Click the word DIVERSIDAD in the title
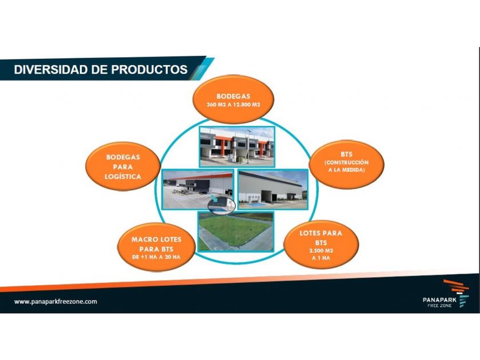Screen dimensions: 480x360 [51, 70]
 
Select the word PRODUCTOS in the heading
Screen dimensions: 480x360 [149, 70]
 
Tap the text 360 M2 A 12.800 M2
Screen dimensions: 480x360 [233, 105]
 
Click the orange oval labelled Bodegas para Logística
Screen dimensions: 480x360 [123, 166]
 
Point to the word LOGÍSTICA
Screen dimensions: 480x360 [123, 177]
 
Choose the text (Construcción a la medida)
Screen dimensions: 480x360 [346, 166]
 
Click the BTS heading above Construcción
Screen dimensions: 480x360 [346, 154]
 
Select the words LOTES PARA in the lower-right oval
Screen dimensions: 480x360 [321, 233]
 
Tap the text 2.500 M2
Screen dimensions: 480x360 [321, 251]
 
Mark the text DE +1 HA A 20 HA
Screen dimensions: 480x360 [157, 257]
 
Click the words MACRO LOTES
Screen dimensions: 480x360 [157, 239]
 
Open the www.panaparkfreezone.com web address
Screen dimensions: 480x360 [56, 302]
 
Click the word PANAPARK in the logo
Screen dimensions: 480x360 [439, 300]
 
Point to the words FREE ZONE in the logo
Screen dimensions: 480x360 [439, 306]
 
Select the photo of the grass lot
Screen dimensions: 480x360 [235, 231]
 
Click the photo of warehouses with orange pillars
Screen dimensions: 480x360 [237, 147]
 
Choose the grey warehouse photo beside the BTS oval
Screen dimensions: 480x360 [273, 189]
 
